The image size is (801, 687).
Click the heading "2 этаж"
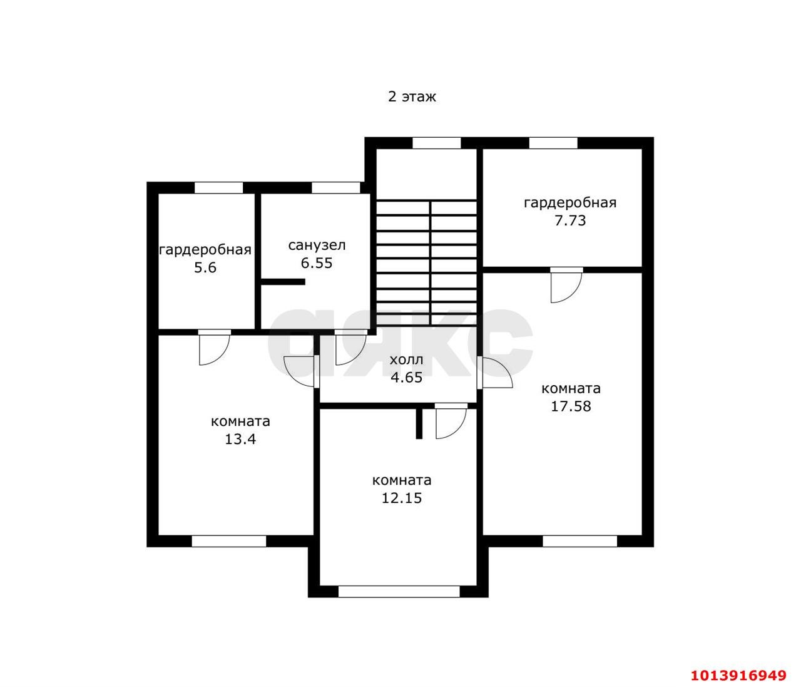pos(412,96)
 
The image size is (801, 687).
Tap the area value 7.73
pos(570,220)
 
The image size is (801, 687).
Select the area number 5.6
pos(205,267)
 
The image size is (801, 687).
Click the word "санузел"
pos(317,245)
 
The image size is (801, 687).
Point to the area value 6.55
pos(317,263)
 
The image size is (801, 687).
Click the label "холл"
pos(406,359)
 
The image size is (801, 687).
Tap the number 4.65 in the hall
pos(406,377)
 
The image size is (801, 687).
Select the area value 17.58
pos(571,406)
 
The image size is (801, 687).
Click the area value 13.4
pos(240,439)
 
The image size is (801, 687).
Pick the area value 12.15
pos(402,498)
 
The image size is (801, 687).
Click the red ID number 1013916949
pos(738,664)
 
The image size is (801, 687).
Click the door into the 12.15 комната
pos(451,421)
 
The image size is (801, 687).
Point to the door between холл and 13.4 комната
pos(301,371)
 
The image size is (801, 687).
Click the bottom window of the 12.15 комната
pos(399,592)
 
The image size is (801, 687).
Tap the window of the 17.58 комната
pos(579,541)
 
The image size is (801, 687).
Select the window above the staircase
pos(436,143)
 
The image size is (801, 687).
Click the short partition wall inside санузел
pos(283,282)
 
